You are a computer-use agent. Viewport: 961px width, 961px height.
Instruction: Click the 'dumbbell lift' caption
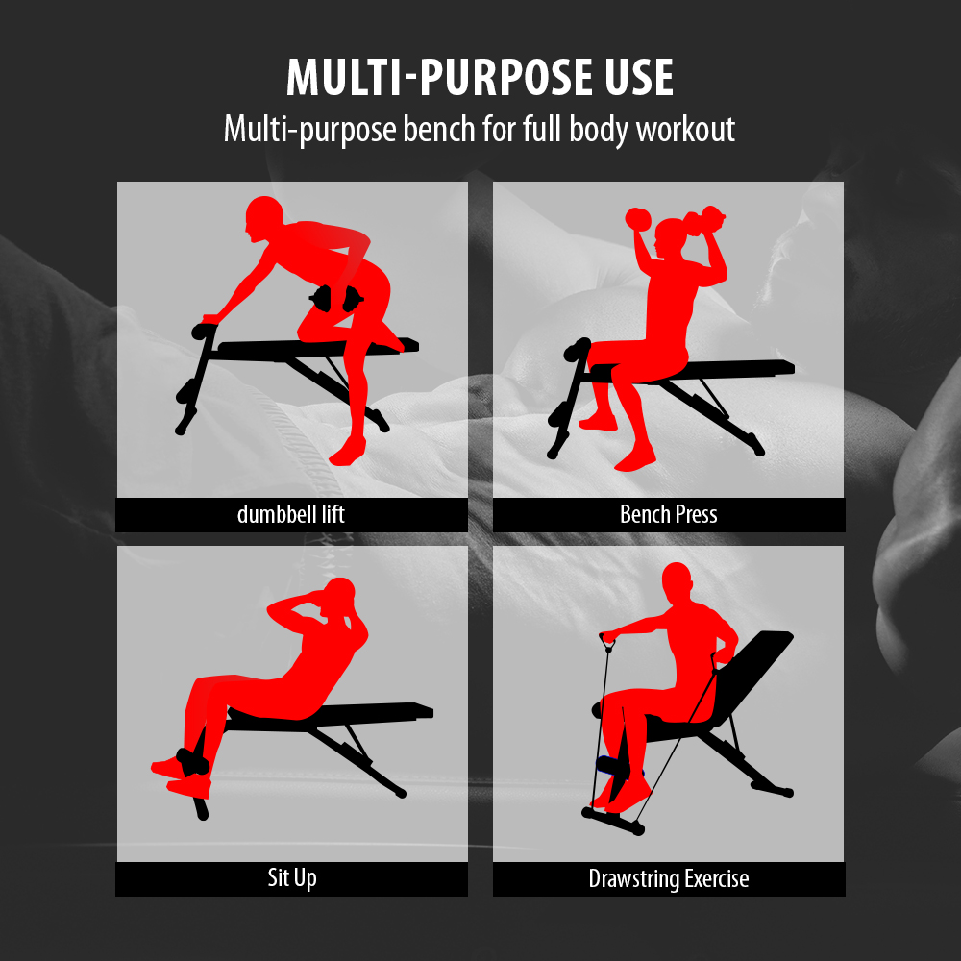291,514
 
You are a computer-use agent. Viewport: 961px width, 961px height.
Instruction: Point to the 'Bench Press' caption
669,514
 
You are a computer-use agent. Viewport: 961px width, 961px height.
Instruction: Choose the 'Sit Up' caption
292,877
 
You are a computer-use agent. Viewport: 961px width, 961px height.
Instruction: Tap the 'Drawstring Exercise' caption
669,878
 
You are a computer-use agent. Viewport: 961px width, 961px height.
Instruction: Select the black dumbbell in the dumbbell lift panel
336,299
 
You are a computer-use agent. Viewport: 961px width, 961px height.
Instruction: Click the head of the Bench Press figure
672,237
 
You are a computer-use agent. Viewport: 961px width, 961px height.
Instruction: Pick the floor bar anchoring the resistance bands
613,822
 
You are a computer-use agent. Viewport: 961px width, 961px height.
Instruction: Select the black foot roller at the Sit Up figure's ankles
192,762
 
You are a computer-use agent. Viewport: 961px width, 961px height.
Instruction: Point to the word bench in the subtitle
439,129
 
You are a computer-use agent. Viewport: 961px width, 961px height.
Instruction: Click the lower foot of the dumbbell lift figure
348,453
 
